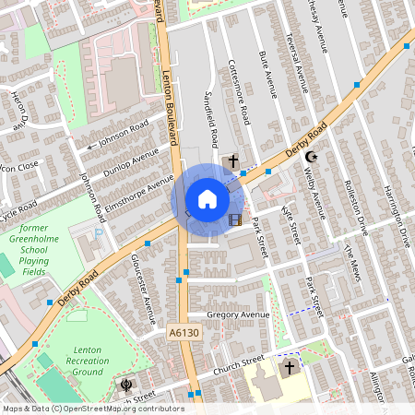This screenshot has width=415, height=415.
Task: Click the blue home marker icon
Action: point(207,199)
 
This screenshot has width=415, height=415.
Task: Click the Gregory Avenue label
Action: point(238,314)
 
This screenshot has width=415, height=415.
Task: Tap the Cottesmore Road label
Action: point(239,93)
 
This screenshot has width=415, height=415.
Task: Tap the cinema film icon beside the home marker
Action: point(235,219)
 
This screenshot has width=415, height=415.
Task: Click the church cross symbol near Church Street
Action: point(289,368)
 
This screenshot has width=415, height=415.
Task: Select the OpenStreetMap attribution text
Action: point(92,408)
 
